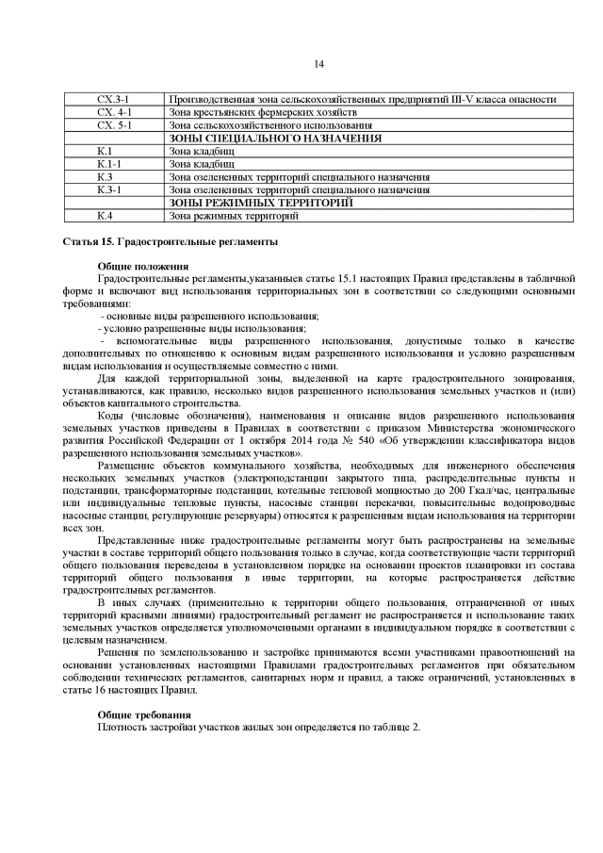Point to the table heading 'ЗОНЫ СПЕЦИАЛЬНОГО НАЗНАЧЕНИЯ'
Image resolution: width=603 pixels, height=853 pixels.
[x=274, y=138]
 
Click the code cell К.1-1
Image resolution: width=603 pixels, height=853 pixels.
[x=106, y=163]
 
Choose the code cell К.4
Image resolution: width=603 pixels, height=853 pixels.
[x=105, y=216]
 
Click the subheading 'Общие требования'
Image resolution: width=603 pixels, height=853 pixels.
[x=144, y=715]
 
